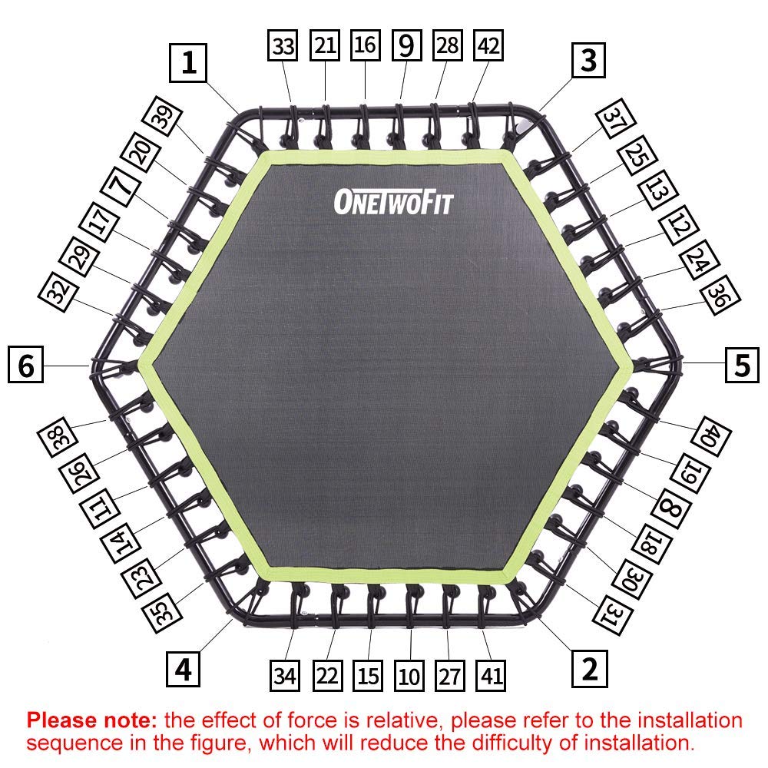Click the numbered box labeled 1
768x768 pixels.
click(188, 63)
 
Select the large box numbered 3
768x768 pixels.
click(588, 60)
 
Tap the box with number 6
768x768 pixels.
click(26, 364)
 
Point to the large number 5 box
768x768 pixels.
click(742, 365)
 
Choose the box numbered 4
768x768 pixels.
click(183, 669)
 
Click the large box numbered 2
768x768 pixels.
click(590, 669)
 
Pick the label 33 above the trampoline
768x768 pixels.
click(283, 45)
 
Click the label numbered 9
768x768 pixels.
click(407, 45)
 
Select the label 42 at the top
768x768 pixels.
click(488, 45)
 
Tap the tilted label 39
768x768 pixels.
click(162, 116)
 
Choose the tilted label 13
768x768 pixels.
click(658, 190)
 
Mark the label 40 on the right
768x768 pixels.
click(711, 436)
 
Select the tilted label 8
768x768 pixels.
click(671, 508)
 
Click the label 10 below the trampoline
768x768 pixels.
click(409, 675)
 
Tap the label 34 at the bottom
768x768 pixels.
click(285, 675)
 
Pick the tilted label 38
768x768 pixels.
click(58, 437)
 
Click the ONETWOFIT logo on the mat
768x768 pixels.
click(394, 202)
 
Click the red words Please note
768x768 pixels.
click(91, 720)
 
